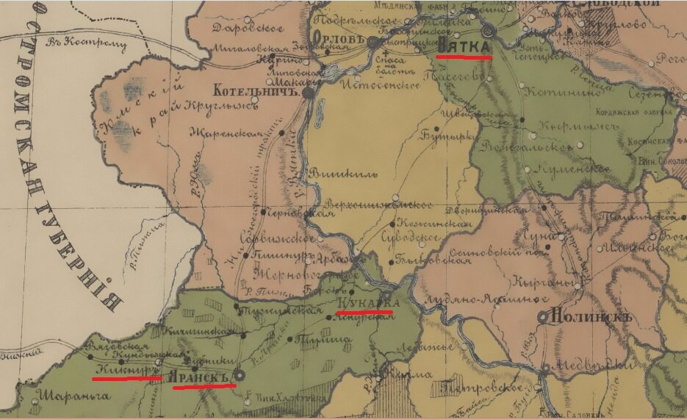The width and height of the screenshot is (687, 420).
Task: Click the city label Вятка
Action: (463, 46)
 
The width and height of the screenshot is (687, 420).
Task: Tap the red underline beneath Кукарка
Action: (364, 313)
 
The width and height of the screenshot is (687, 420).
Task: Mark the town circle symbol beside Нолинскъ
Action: (544, 316)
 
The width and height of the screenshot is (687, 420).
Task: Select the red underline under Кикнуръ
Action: (126, 378)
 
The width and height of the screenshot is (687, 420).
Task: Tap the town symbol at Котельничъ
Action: (309, 93)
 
